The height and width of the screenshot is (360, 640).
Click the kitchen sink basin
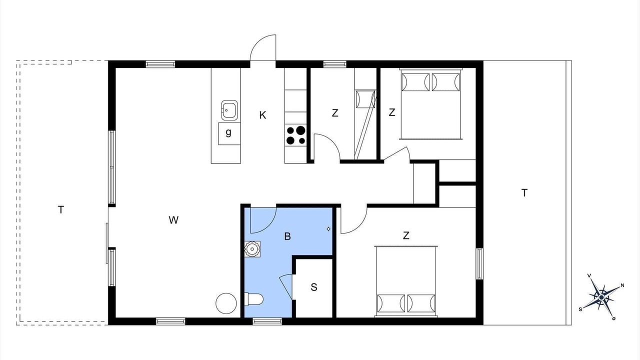pos(229,110)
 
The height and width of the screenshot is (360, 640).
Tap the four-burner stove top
pos(295,135)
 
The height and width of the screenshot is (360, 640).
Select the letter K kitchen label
pos(262,115)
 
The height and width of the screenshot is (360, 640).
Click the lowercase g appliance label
pos(228,132)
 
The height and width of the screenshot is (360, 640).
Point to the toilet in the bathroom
pos(253,299)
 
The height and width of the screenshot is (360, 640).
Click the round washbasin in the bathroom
pos(252,248)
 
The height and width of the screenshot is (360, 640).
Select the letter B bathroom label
pos(287,236)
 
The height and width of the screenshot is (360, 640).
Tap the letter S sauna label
pos(313,287)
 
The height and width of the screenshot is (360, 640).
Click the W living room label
pos(173,220)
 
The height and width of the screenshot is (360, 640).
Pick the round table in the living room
pos(226,303)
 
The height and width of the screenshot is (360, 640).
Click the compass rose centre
pos(601,297)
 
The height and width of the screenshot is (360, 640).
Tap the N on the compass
pos(622,285)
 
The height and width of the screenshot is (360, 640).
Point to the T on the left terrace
pos(60,210)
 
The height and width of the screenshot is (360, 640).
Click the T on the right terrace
pos(524,193)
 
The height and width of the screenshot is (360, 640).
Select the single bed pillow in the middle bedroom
pos(365,99)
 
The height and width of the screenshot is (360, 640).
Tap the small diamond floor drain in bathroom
pos(328,229)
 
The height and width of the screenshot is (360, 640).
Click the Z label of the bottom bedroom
pos(406,235)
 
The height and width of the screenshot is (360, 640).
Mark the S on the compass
pos(580,309)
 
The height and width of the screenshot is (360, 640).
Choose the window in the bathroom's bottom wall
pos(267,321)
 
